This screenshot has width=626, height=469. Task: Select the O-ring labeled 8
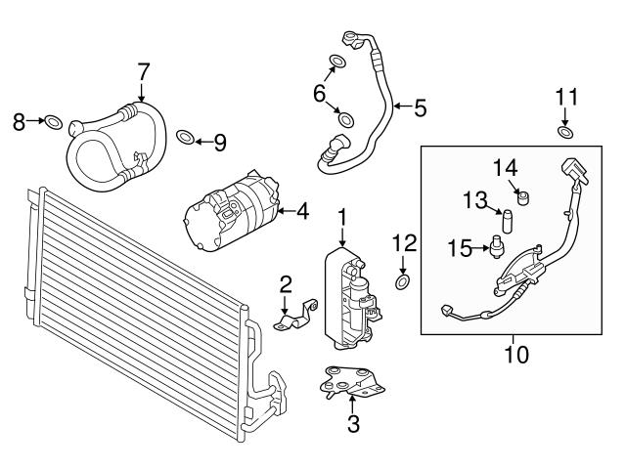click(x=55, y=122)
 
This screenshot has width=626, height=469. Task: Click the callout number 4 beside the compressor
click(x=302, y=210)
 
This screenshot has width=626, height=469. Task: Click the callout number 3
click(x=353, y=425)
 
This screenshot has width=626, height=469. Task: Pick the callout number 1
click(x=342, y=214)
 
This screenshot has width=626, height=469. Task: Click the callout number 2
click(x=286, y=284)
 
